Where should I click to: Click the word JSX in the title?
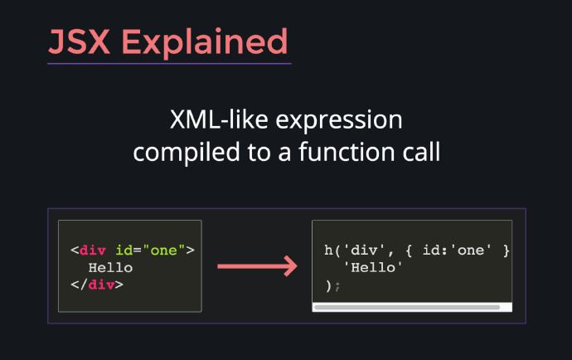point(79,42)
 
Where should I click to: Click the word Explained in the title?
point(205,43)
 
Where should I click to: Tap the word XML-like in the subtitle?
point(219,119)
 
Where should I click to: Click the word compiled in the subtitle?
point(187,153)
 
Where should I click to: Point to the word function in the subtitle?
point(347,151)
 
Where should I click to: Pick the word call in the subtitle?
point(421,151)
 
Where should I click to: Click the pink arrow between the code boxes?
point(257,266)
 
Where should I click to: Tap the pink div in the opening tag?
point(93,251)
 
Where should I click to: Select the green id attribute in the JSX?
point(124,251)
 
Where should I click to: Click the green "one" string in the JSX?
point(164,251)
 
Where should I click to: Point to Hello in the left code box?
point(110,268)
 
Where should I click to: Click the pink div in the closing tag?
point(101,285)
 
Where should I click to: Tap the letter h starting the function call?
point(328,251)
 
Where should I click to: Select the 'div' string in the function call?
point(363,251)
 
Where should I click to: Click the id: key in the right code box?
point(435,251)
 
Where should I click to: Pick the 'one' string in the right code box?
point(471,251)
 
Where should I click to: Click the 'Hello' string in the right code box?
point(373,268)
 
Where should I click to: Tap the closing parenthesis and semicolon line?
point(332,285)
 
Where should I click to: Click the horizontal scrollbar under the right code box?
point(407,308)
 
